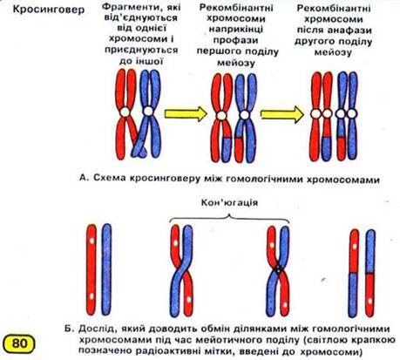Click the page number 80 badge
point(19,343)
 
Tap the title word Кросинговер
point(49,10)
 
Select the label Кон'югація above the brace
point(229,202)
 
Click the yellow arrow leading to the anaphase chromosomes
point(282,114)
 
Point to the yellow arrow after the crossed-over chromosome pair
point(186,113)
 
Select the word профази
point(235,40)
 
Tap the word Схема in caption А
point(110,178)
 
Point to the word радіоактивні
point(159,351)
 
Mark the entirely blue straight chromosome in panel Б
point(106,269)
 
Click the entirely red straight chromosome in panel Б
point(92,269)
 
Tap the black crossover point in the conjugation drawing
point(278,270)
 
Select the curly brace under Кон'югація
point(229,218)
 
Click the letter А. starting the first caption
point(84,178)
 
